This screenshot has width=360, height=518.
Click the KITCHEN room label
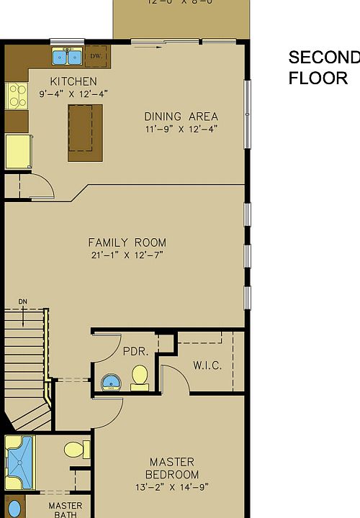pyautogui.click(x=73, y=81)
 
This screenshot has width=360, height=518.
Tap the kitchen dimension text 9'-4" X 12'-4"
pyautogui.click(x=73, y=94)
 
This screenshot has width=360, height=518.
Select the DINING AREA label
pyautogui.click(x=181, y=117)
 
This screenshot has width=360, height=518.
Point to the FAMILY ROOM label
pyautogui.click(x=127, y=242)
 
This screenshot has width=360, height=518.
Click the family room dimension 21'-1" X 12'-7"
pyautogui.click(x=127, y=255)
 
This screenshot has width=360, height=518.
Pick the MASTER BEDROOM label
pyautogui.click(x=172, y=468)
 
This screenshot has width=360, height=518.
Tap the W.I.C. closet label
pyautogui.click(x=207, y=365)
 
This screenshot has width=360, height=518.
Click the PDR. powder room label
pyautogui.click(x=135, y=352)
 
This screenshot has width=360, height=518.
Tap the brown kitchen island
pyautogui.click(x=85, y=133)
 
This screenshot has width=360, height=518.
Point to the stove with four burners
pyautogui.click(x=16, y=96)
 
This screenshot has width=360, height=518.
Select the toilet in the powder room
pyautogui.click(x=140, y=376)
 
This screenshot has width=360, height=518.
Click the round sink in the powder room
pyautogui.click(x=111, y=382)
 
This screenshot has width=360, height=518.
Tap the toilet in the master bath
pyautogui.click(x=76, y=450)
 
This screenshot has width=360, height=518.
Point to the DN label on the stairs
pyautogui.click(x=23, y=302)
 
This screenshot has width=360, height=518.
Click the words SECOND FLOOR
pyautogui.click(x=323, y=68)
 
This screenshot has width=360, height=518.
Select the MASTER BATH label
pyautogui.click(x=65, y=510)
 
